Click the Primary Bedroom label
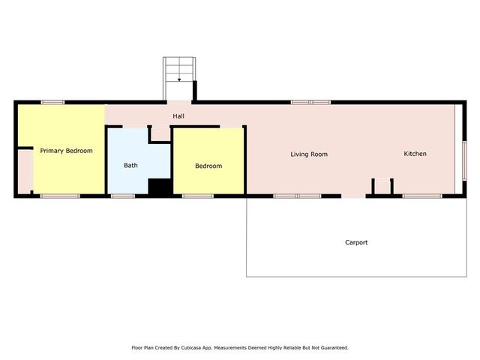[66, 151]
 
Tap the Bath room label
[130, 165]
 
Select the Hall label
[178, 116]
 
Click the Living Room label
[309, 154]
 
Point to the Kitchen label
[415, 154]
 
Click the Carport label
[356, 242]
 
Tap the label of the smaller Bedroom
[208, 166]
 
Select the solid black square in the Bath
[159, 187]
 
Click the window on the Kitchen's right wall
[464, 161]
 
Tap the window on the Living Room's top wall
[310, 102]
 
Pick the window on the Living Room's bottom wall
[297, 196]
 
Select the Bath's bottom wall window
[122, 196]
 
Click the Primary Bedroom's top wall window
[52, 102]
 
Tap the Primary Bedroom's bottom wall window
[60, 196]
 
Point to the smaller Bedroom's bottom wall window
[197, 196]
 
